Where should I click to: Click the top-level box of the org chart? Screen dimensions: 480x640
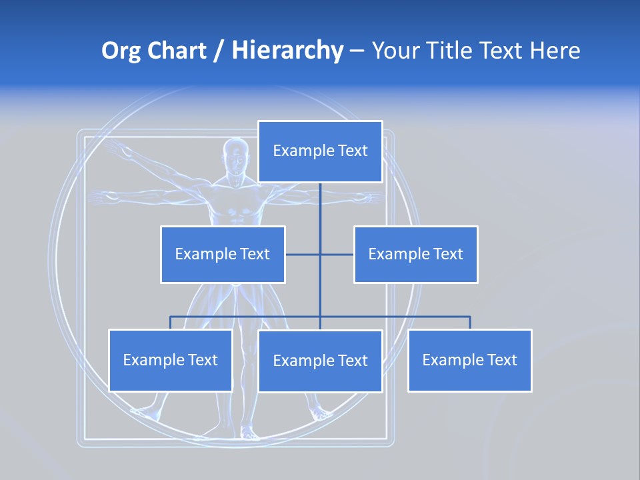tap(320, 151)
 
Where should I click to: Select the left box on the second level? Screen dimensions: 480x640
tap(223, 254)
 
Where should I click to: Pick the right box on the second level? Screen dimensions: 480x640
tap(416, 254)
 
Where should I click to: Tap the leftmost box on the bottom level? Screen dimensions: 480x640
tap(171, 360)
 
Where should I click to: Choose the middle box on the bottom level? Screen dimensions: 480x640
tap(320, 361)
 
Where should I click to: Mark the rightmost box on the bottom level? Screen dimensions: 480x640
tap(470, 360)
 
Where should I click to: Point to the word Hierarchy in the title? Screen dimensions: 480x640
tap(287, 51)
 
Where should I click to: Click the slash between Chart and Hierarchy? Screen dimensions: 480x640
tap(219, 51)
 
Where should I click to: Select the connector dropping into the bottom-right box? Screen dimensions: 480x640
tap(470, 323)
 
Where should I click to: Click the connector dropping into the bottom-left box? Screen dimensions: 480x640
tap(171, 323)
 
